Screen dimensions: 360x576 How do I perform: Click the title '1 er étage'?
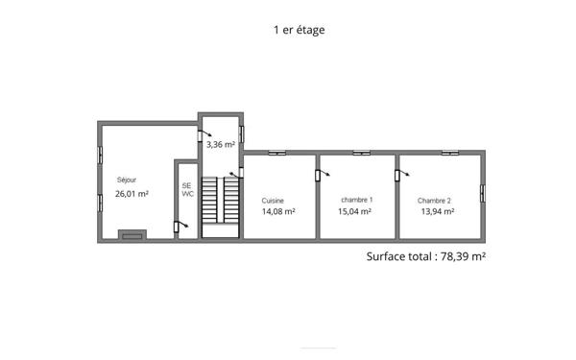[x=300, y=30]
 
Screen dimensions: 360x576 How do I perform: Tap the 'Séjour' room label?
[x=127, y=180]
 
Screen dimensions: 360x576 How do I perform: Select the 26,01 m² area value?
[x=132, y=194]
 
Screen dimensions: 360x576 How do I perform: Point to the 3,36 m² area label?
[x=221, y=145]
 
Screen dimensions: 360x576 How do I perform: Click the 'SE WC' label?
[x=187, y=189]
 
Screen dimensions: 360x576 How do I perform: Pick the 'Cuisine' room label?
[x=273, y=201]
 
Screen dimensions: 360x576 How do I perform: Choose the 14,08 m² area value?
[x=278, y=212]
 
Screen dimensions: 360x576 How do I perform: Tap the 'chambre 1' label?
[x=356, y=200]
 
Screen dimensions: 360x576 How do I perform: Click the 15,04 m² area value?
[x=356, y=212]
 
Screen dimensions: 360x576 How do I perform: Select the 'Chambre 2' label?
[x=434, y=201]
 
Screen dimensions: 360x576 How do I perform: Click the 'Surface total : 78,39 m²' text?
[x=426, y=256]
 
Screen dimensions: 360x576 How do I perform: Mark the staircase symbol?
[x=222, y=202]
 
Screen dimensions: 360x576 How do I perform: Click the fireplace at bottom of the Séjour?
[x=132, y=234]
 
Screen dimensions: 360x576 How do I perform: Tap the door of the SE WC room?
[x=178, y=227]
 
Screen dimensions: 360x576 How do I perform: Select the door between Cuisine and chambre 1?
[x=319, y=174]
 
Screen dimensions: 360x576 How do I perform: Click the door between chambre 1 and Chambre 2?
[x=397, y=174]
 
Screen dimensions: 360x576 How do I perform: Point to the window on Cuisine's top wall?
[x=277, y=153]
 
